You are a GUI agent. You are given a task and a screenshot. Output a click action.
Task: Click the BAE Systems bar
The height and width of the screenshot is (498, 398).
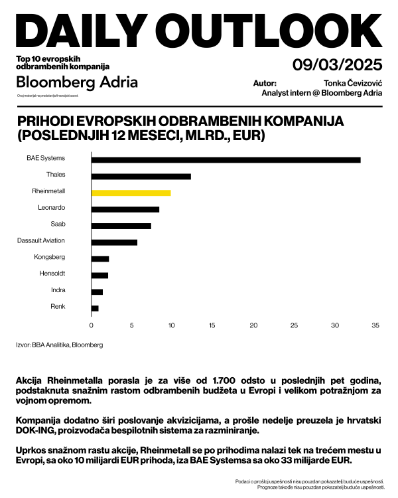(226, 159)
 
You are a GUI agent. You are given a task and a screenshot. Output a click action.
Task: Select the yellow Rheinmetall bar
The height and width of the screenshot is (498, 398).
(131, 193)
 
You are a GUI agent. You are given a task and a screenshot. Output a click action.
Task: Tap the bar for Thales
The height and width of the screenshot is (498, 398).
(141, 176)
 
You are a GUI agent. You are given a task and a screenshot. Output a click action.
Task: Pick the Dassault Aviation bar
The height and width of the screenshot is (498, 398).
(114, 242)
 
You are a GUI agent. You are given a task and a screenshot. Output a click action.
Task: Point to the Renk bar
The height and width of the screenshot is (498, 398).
(95, 308)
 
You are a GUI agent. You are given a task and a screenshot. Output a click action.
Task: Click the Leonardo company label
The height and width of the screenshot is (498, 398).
(52, 208)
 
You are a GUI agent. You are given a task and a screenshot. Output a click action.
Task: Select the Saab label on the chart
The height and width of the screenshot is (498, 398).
(58, 224)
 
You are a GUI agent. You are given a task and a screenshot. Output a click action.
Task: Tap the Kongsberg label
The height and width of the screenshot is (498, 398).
(50, 257)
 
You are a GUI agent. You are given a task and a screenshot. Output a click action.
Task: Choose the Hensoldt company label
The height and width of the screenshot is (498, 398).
(50, 274)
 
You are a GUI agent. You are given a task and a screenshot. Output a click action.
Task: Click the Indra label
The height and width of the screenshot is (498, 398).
(58, 290)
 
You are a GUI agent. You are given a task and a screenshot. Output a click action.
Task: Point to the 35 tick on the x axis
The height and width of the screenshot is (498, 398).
(375, 325)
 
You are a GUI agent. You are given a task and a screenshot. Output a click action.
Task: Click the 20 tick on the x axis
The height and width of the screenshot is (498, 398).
(253, 325)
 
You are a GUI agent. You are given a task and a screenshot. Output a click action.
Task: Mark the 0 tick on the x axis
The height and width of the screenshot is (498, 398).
(92, 325)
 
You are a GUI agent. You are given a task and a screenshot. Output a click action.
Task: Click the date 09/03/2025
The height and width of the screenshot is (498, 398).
(337, 65)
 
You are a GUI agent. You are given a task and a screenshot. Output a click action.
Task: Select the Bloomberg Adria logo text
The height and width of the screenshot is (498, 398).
(77, 82)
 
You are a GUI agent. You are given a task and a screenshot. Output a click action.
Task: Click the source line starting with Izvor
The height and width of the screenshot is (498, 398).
(59, 345)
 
